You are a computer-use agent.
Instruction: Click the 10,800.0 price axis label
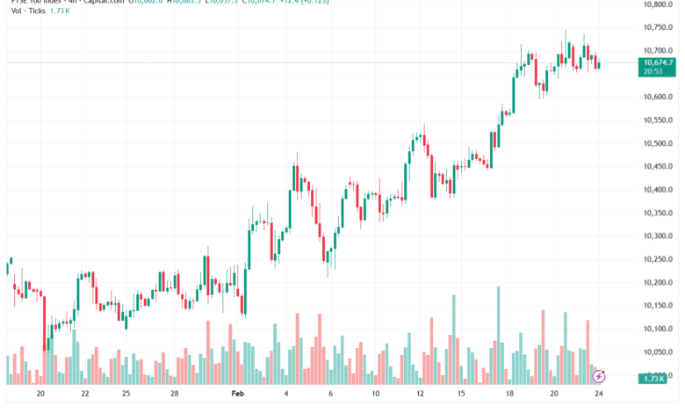[659, 4]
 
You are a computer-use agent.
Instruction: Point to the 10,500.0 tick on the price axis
[659, 143]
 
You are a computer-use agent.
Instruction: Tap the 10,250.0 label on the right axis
[659, 259]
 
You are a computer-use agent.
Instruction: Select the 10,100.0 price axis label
[659, 329]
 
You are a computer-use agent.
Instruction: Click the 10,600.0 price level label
[659, 97]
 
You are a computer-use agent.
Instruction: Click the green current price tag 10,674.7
[659, 63]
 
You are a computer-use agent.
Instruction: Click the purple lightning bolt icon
[599, 376]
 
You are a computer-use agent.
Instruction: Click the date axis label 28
[175, 395]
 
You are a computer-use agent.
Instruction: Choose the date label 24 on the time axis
[599, 395]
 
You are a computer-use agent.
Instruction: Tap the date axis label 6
[330, 395]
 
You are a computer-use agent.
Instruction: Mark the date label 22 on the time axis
[84, 395]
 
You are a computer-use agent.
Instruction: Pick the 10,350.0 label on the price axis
[659, 213]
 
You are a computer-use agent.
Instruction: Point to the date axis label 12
[421, 395]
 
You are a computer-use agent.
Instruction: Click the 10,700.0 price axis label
[659, 51]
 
